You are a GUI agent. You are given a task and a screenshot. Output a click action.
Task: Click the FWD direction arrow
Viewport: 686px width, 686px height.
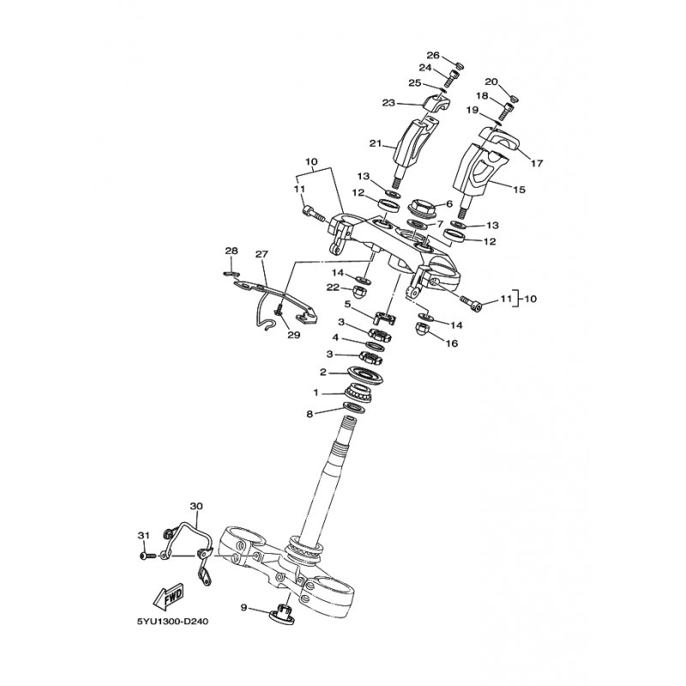(x=168, y=598)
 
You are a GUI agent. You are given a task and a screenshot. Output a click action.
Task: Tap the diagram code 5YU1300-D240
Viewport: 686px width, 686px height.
(x=174, y=621)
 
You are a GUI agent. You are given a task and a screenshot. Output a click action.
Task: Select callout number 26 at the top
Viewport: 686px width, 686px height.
(x=433, y=55)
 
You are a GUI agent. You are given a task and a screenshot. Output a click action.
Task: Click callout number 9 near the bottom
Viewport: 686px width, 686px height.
(x=244, y=607)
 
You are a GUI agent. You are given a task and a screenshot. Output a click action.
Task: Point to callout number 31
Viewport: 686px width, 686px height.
(x=143, y=535)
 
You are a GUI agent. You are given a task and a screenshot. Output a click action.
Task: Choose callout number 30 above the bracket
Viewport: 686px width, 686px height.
(x=196, y=506)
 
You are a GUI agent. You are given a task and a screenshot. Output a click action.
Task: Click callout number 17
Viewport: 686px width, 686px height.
(x=537, y=163)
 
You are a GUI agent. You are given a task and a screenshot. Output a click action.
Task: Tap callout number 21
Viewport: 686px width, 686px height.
(x=376, y=143)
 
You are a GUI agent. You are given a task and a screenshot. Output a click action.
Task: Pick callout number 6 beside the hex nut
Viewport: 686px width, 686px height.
(x=448, y=203)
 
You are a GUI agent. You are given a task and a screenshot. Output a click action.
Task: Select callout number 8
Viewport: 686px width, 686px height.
(x=310, y=414)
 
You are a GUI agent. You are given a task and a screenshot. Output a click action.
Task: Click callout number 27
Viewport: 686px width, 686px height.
(x=262, y=254)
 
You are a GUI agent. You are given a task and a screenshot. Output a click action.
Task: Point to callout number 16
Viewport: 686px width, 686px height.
(x=452, y=344)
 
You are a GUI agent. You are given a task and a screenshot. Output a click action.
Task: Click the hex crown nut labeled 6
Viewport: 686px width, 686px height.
(x=422, y=207)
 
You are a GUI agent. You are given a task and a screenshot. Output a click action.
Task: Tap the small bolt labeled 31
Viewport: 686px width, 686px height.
(x=148, y=556)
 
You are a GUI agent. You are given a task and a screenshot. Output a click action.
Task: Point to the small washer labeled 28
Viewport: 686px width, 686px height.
(x=232, y=274)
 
